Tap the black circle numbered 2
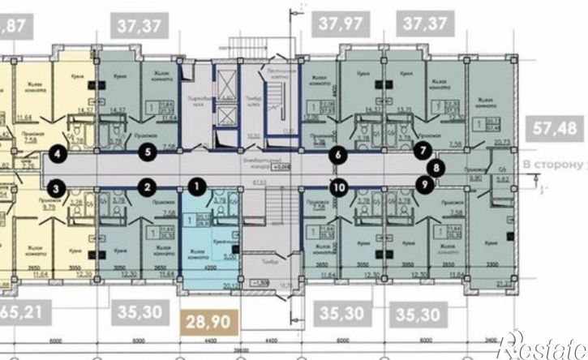point(147,186)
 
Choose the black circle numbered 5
point(147,151)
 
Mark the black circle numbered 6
point(339,152)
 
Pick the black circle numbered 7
point(421,151)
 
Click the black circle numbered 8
point(439,168)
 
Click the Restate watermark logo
point(543,347)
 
